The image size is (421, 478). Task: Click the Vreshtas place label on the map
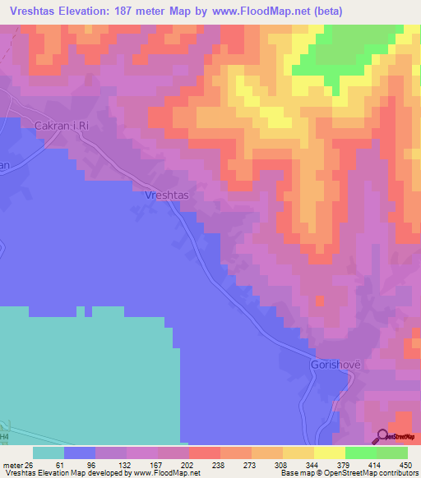coord(167,195)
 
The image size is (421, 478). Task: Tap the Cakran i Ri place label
coord(62,126)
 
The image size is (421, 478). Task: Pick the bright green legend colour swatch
coord(360,453)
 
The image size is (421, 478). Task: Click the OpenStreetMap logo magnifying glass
coord(382,436)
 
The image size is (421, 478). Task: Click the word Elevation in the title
coord(90,11)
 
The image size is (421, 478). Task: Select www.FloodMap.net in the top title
coord(253,11)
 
